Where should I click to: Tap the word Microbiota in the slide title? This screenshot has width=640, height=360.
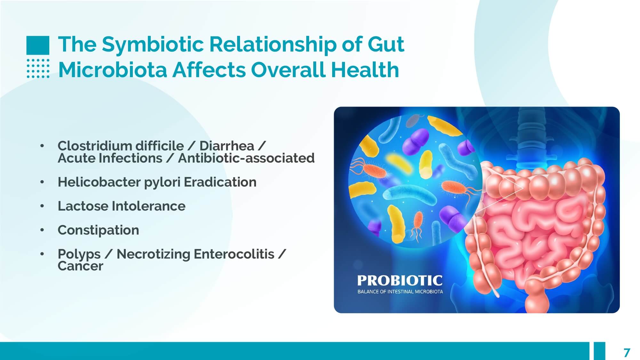(113, 70)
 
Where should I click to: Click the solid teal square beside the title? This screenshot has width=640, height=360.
(38, 45)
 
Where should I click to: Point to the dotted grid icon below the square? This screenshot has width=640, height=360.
(38, 68)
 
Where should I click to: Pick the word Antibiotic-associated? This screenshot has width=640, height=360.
(246, 158)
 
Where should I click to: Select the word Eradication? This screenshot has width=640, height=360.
(220, 182)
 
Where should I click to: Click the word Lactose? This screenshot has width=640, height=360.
(83, 206)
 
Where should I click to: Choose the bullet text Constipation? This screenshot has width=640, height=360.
(98, 230)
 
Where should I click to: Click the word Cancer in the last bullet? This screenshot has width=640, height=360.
(80, 266)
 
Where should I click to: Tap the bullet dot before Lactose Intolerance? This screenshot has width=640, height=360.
(42, 206)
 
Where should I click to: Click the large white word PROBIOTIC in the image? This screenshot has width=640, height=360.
(400, 281)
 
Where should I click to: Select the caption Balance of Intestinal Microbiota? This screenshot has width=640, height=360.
(400, 292)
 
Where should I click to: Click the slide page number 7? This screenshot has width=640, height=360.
(627, 352)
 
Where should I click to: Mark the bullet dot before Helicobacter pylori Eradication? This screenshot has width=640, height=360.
(42, 182)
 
